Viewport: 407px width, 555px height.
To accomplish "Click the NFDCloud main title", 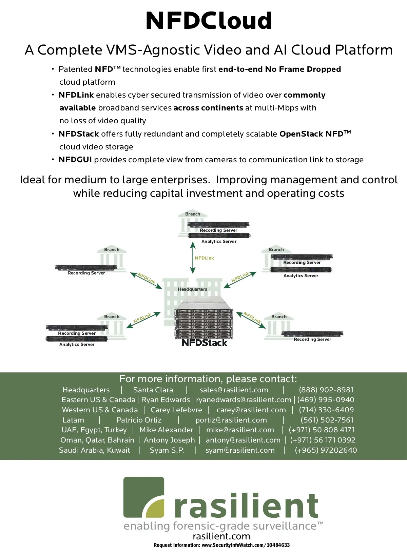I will pyautogui.click(x=209, y=21).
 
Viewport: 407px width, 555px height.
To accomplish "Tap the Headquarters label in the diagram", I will pyautogui.click(x=192, y=289).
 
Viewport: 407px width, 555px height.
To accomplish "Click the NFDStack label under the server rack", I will pyautogui.click(x=204, y=343).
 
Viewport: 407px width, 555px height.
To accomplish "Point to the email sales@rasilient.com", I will pyautogui.click(x=234, y=390).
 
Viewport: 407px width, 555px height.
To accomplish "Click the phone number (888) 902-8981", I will pyautogui.click(x=326, y=390).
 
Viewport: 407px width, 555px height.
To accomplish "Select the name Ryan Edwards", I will pyautogui.click(x=166, y=400).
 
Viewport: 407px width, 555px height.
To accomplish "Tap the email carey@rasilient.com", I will pyautogui.click(x=251, y=410).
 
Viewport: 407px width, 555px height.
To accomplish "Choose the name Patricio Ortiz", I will pyautogui.click(x=139, y=420).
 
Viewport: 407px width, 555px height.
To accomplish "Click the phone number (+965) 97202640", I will pyautogui.click(x=326, y=450).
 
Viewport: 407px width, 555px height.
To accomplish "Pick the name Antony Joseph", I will pyautogui.click(x=169, y=440).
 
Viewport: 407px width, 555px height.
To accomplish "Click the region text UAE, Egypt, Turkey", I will pyautogui.click(x=94, y=430).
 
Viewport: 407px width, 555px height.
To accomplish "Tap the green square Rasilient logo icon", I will pyautogui.click(x=144, y=497).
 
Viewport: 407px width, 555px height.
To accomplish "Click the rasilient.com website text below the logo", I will pyautogui.click(x=221, y=536).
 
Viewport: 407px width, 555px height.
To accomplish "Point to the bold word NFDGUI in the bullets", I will pyautogui.click(x=75, y=160).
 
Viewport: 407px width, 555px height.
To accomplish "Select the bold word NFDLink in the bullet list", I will pyautogui.click(x=76, y=95).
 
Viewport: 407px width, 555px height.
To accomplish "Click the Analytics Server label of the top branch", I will pyautogui.click(x=219, y=242).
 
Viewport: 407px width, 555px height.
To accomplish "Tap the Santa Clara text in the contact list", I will pyautogui.click(x=153, y=390).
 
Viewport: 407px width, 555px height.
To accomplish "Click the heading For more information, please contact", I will pyautogui.click(x=208, y=379).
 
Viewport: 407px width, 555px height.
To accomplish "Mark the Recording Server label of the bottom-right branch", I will pyautogui.click(x=312, y=340).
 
